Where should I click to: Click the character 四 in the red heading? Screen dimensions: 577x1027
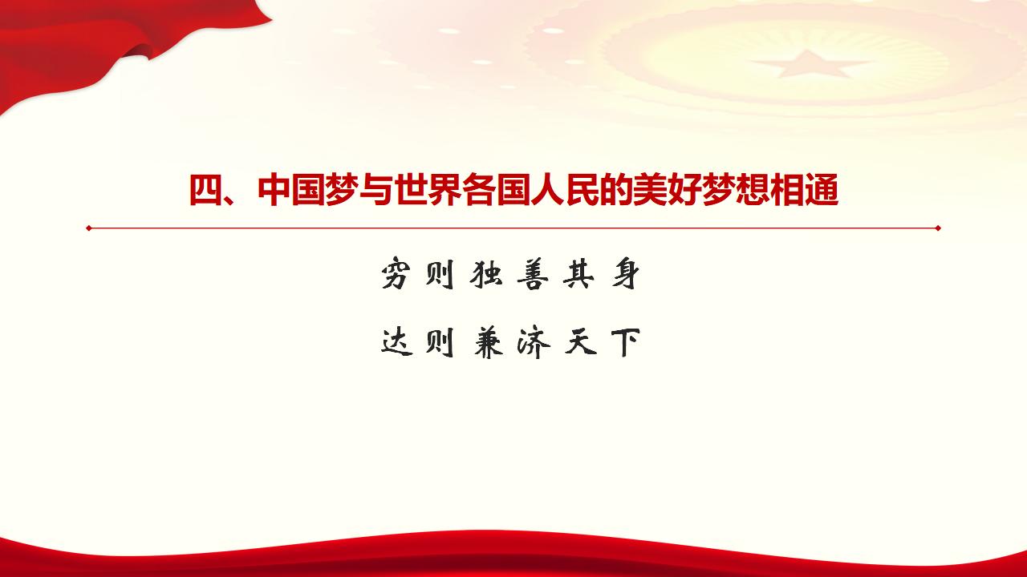[205, 192]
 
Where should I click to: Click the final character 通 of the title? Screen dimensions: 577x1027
[821, 192]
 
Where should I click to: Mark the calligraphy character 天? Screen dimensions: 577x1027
[578, 344]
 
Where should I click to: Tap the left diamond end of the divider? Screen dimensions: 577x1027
[89, 228]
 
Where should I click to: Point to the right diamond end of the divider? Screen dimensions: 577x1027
[937, 228]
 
